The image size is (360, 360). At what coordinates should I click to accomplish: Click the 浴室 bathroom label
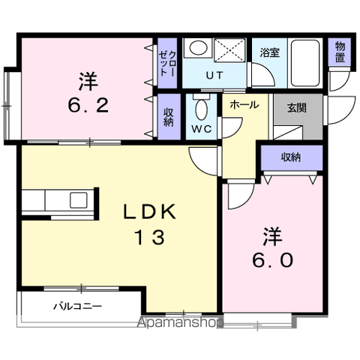pyautogui.click(x=269, y=52)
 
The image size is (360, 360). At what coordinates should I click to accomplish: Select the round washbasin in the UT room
pyautogui.click(x=198, y=48)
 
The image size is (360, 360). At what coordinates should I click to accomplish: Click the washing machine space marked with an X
pyautogui.click(x=229, y=49)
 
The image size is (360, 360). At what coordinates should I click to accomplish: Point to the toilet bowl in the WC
pyautogui.click(x=202, y=109)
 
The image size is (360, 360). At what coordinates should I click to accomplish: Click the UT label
pyautogui.click(x=214, y=75)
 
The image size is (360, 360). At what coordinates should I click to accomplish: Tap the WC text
pyautogui.click(x=202, y=129)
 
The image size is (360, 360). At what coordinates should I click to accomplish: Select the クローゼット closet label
pyautogui.click(x=168, y=63)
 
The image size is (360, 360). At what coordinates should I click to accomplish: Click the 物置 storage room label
pyautogui.click(x=340, y=52)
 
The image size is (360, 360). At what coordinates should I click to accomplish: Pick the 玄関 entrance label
pyautogui.click(x=297, y=108)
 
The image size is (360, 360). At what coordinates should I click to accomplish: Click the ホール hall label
pyautogui.click(x=244, y=105)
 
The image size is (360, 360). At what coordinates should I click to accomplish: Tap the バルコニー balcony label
pyautogui.click(x=78, y=306)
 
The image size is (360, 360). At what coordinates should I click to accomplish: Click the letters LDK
pyautogui.click(x=149, y=212)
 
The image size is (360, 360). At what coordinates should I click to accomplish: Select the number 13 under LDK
pyautogui.click(x=150, y=237)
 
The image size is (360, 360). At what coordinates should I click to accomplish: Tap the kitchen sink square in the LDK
pyautogui.click(x=79, y=200)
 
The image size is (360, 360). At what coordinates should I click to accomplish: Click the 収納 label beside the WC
pyautogui.click(x=169, y=117)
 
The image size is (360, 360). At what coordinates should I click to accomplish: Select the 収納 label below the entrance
pyautogui.click(x=291, y=157)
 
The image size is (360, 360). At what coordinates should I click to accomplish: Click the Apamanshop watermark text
pyautogui.click(x=180, y=322)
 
